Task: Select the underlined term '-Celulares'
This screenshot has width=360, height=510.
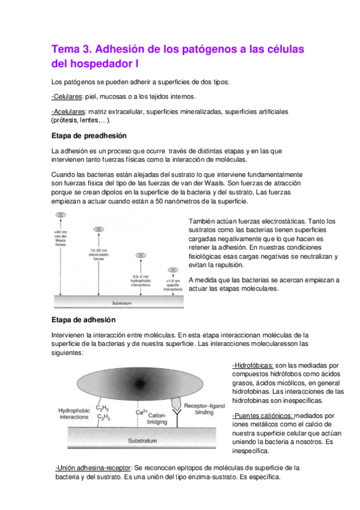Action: [x=69, y=96]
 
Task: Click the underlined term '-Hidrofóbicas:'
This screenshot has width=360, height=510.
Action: [x=253, y=365]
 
